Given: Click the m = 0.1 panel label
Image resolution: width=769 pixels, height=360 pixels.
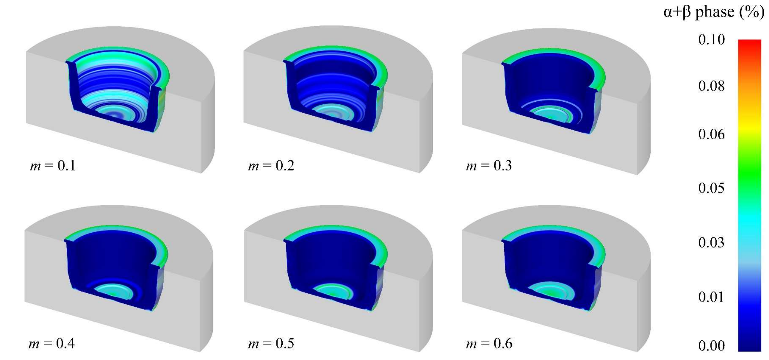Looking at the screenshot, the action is click(x=53, y=166).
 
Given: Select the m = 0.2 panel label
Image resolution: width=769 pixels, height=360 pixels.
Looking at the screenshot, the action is click(x=271, y=166).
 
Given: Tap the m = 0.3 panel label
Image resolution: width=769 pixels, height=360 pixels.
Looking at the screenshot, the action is click(x=489, y=166).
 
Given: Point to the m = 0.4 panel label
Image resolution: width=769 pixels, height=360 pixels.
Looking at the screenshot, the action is click(x=52, y=344).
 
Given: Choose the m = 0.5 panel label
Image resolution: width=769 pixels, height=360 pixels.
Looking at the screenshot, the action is click(x=271, y=344).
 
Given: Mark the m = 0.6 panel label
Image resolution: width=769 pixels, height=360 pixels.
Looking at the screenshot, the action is click(x=489, y=344).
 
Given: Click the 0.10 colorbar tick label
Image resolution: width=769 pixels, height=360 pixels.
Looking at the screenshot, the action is click(x=711, y=39).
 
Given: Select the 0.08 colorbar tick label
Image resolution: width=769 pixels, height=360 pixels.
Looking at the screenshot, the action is click(x=711, y=86).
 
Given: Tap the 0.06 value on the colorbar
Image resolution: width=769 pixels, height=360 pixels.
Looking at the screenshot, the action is click(x=711, y=134).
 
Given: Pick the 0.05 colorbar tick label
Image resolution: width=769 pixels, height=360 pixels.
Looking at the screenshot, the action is click(x=711, y=188).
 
